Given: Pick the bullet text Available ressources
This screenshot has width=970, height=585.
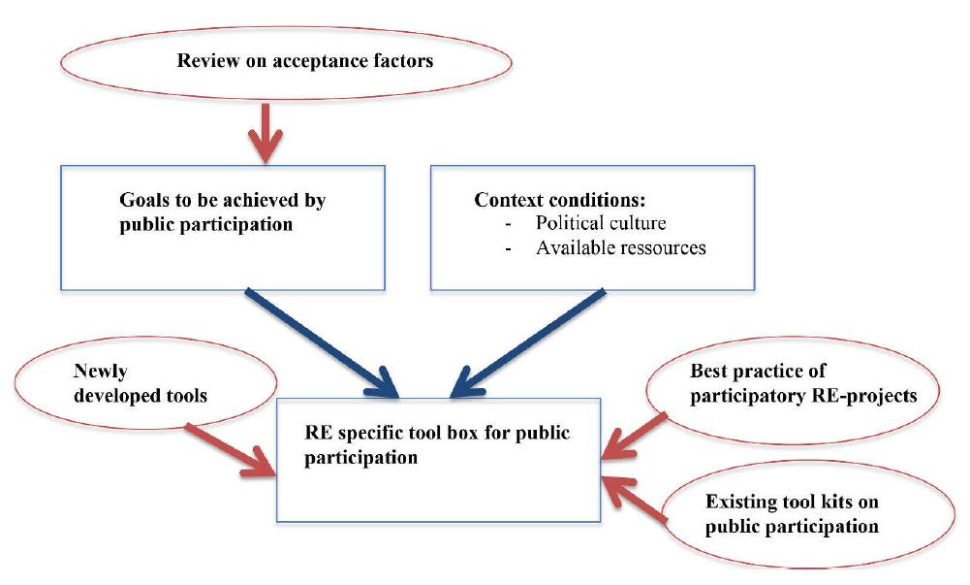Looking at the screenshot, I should tap(620, 247).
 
